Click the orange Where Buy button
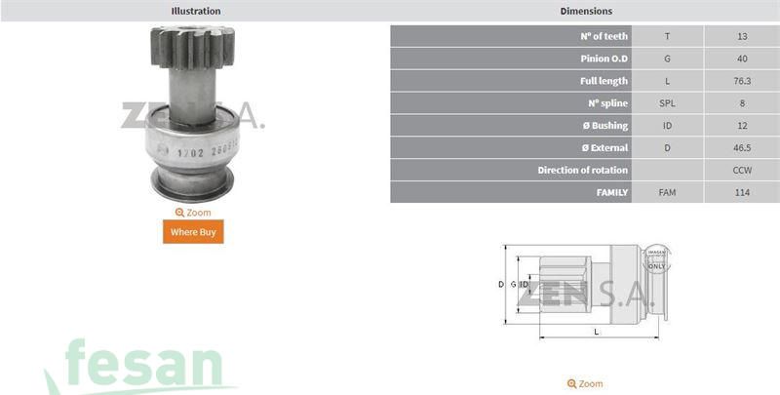click(x=192, y=231)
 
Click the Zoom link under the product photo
click(x=193, y=212)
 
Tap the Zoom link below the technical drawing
click(x=585, y=383)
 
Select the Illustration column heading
click(x=196, y=11)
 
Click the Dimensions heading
click(x=586, y=11)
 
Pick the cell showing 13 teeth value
click(x=742, y=36)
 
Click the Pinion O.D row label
click(x=604, y=59)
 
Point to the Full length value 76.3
click(x=742, y=81)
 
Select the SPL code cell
click(x=667, y=103)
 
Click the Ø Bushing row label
click(x=604, y=126)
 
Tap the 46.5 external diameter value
click(x=742, y=148)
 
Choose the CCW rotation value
click(x=742, y=170)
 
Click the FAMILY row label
click(x=611, y=192)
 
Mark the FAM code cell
click(x=667, y=192)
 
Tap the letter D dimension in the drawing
click(x=501, y=284)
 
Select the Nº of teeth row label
click(x=604, y=36)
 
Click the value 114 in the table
click(x=742, y=192)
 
